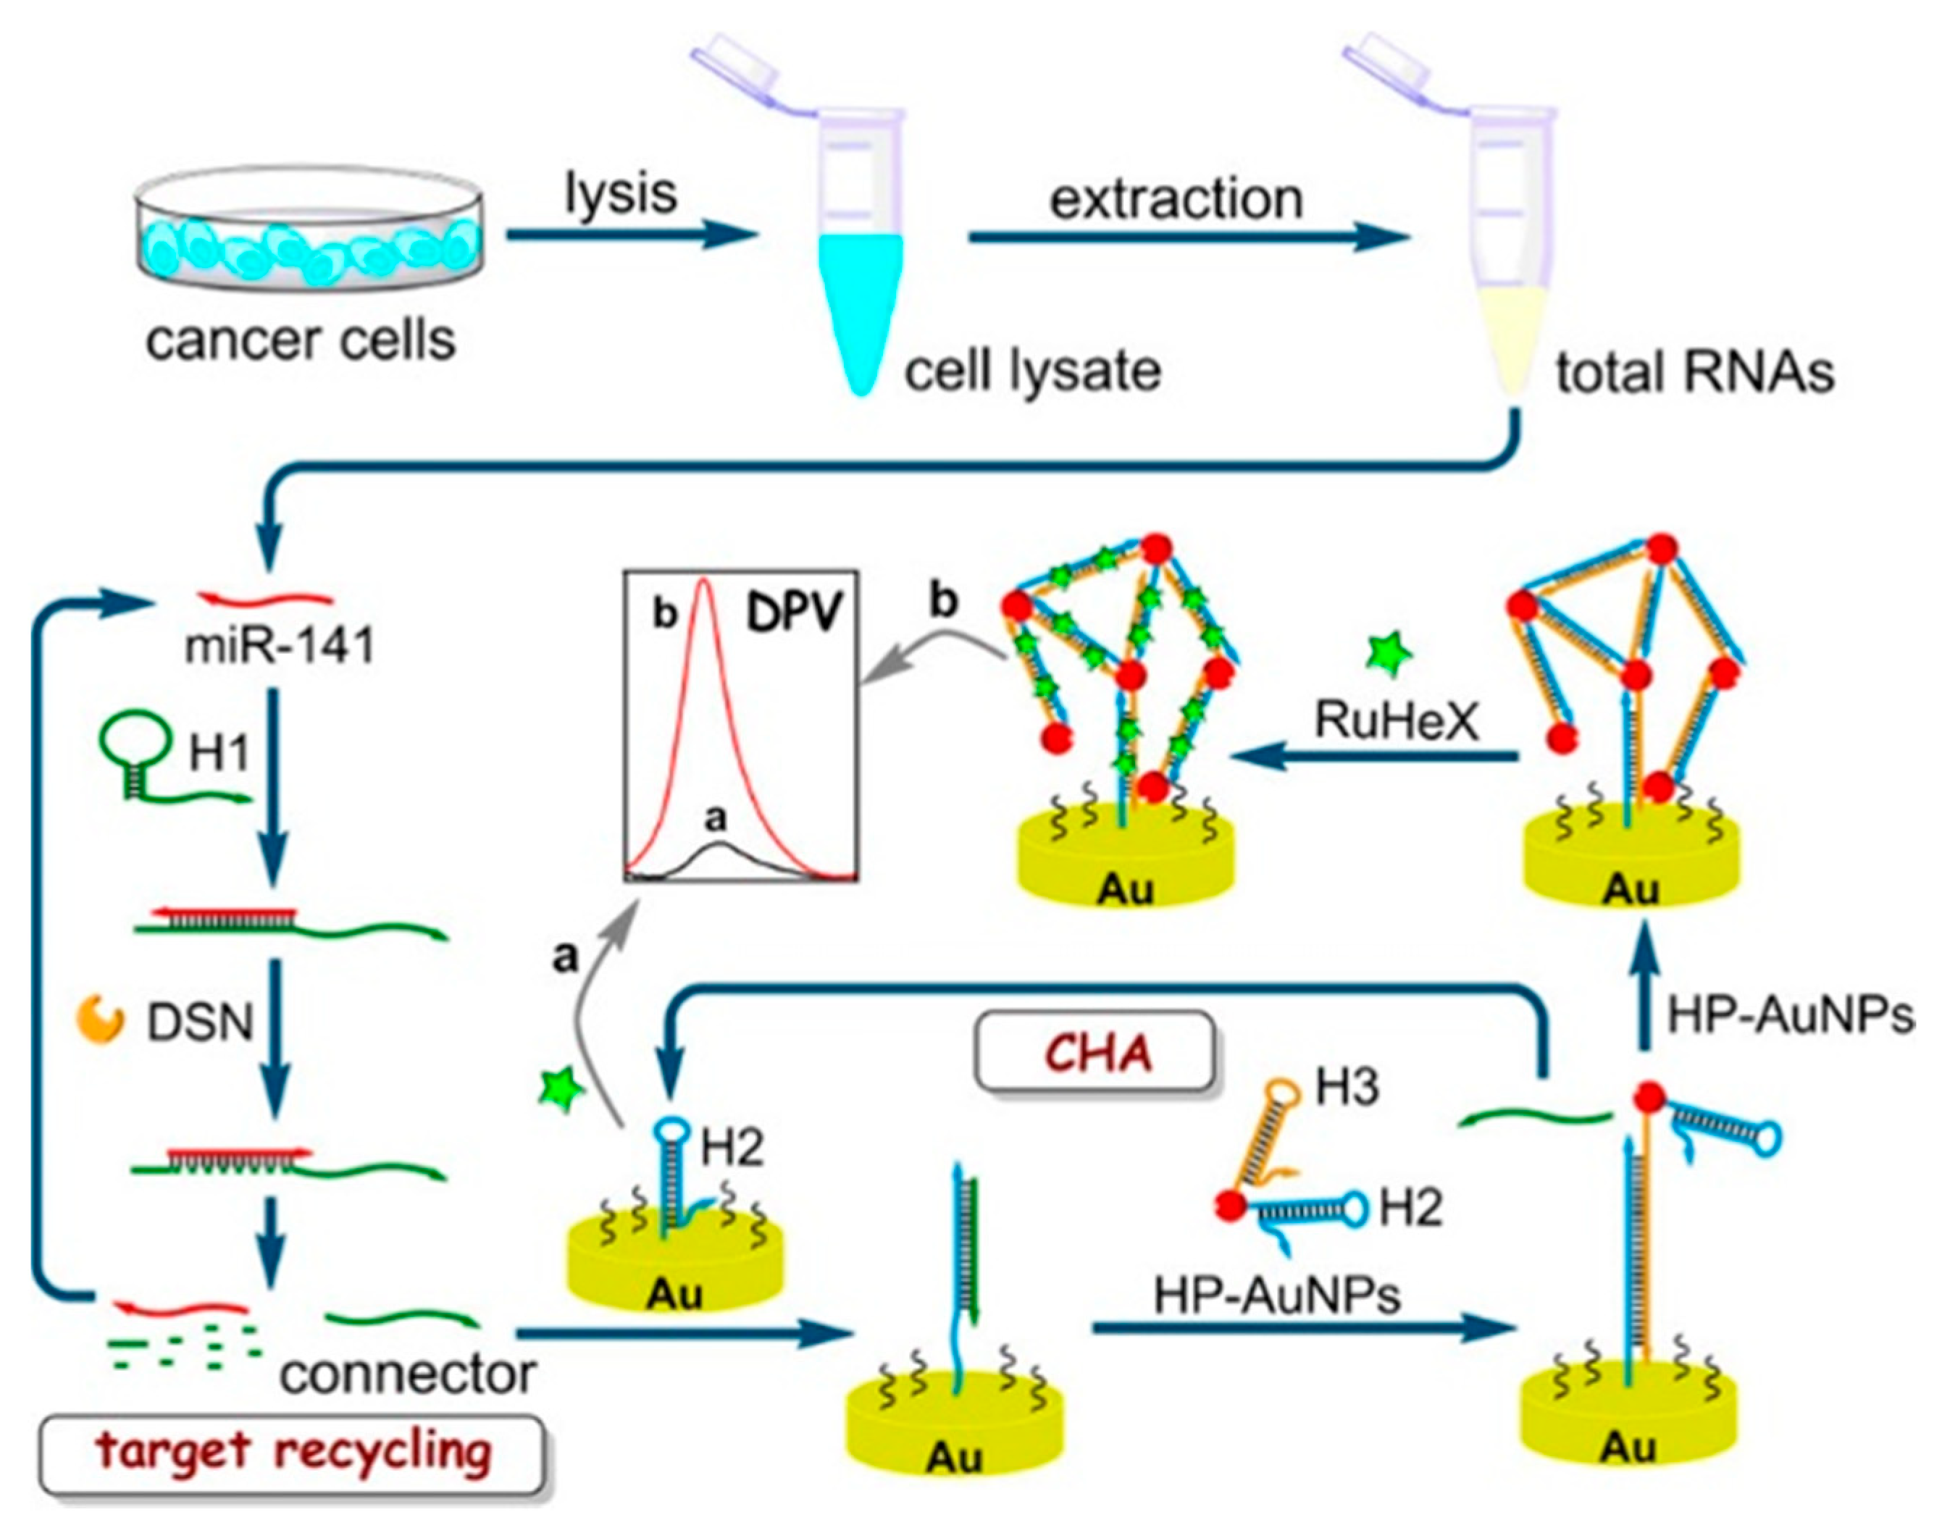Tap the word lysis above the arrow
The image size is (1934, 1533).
pyautogui.click(x=621, y=193)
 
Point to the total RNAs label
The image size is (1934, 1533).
pyautogui.click(x=1694, y=372)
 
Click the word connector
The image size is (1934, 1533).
pyautogui.click(x=408, y=1372)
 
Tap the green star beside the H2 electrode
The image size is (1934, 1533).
pyautogui.click(x=561, y=1090)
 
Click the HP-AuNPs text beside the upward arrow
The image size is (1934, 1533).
pyautogui.click(x=1790, y=1016)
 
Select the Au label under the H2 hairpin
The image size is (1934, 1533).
pyautogui.click(x=674, y=1294)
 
